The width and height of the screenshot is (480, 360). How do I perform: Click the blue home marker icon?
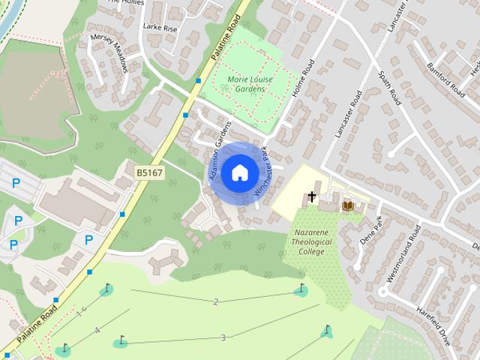tap(239, 173)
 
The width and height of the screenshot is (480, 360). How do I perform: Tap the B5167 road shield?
tap(149, 173)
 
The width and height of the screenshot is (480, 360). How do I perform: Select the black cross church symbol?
tap(312, 196)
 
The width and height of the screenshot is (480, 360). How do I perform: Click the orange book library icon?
tap(347, 205)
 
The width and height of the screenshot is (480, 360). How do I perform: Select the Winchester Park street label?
tap(265, 172)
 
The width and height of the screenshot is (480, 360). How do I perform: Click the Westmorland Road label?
tap(400, 259)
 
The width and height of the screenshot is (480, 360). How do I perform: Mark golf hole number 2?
tap(216, 301)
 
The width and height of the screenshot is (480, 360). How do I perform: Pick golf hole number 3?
tap(223, 337)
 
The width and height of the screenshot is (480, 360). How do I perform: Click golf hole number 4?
tap(97, 330)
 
